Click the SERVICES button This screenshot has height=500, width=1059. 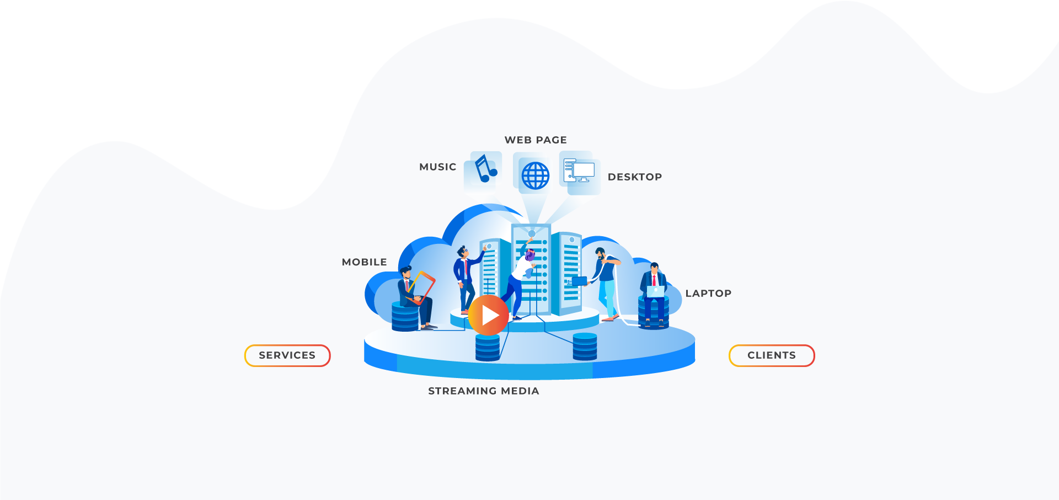point(287,355)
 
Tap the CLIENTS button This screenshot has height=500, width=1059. point(772,355)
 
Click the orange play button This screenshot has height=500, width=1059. point(488,315)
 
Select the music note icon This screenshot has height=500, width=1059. point(485,169)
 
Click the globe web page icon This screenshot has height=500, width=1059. point(535,175)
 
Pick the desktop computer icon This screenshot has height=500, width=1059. point(579,172)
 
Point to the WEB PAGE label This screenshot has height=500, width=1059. point(536,140)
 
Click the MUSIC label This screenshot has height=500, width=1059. point(438,167)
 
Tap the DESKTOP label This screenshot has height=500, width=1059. point(635,177)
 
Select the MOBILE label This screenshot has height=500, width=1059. point(365,262)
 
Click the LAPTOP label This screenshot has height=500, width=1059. point(709,294)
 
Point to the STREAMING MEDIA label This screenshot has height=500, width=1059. point(484,391)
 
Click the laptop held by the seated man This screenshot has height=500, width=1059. point(655,291)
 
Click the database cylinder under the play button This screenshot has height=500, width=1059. point(488,348)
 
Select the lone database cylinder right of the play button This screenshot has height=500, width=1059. point(585,347)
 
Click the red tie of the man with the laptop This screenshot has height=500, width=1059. point(654,280)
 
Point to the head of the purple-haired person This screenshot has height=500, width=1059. point(529,255)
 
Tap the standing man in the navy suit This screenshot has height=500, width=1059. point(465,279)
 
